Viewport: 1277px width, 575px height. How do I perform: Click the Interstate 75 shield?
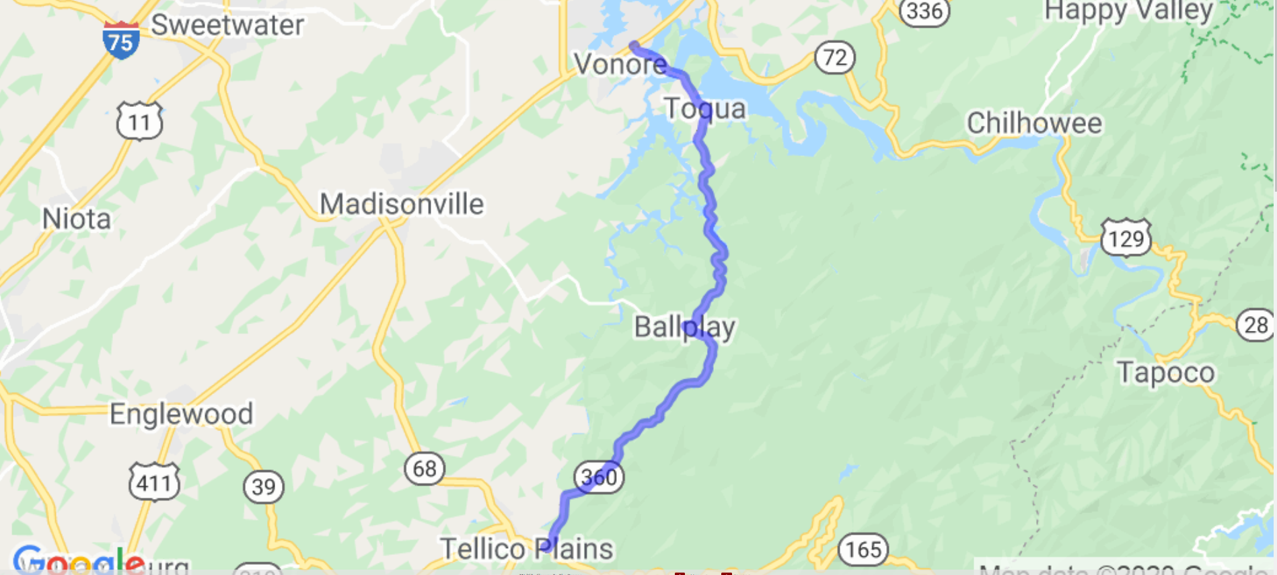(x=121, y=40)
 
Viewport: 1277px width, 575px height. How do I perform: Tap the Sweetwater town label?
(x=227, y=26)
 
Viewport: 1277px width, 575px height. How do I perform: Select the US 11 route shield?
(x=139, y=121)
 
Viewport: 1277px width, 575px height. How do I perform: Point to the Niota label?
(x=77, y=219)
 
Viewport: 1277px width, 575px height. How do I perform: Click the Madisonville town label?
(x=402, y=204)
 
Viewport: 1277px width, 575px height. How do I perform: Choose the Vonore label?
(x=620, y=65)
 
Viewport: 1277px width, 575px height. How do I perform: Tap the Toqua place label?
(x=705, y=109)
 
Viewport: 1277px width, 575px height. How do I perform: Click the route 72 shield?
(x=834, y=58)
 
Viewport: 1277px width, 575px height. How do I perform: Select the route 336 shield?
(x=924, y=11)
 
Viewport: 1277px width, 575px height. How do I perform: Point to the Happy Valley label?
(x=1128, y=11)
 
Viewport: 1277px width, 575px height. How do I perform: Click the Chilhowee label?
(x=1034, y=124)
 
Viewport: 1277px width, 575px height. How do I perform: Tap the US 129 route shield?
(x=1126, y=237)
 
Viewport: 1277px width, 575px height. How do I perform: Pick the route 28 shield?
(x=1255, y=325)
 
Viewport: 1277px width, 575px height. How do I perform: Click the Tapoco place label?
(x=1166, y=373)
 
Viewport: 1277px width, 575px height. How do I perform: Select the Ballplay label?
(x=685, y=328)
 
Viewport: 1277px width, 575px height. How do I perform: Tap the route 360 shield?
(x=599, y=477)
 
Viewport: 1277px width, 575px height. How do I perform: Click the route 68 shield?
(x=425, y=468)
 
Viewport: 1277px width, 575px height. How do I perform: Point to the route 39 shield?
(x=263, y=486)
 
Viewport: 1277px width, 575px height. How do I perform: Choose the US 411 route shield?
(x=154, y=482)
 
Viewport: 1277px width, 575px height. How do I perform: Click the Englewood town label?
(x=182, y=414)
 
